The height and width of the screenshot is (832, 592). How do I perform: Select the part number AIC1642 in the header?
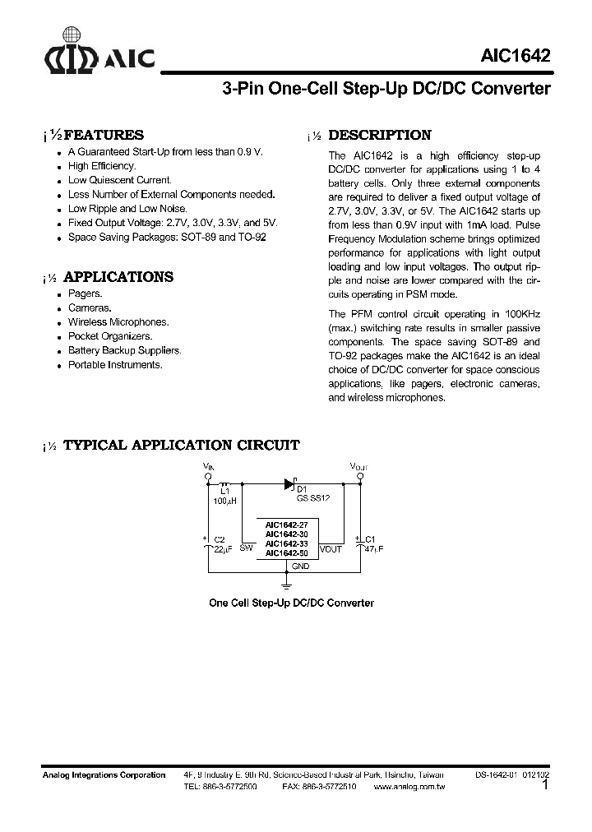pyautogui.click(x=516, y=56)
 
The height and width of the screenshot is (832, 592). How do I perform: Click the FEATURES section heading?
pyautogui.click(x=104, y=136)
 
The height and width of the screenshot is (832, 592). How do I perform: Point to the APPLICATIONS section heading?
pyautogui.click(x=118, y=277)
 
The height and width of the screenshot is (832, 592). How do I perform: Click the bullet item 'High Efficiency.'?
pyautogui.click(x=101, y=166)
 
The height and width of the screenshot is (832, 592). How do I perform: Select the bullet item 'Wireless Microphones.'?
pyautogui.click(x=118, y=322)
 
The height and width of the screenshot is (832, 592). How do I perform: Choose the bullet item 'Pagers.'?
pyautogui.click(x=85, y=294)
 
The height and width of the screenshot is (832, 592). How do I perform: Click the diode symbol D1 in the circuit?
pyautogui.click(x=289, y=484)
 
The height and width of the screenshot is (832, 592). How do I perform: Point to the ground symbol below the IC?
pyautogui.click(x=288, y=585)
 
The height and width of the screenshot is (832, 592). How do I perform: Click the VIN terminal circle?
pyautogui.click(x=208, y=476)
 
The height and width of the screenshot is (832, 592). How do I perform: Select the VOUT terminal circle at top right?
pyautogui.click(x=358, y=476)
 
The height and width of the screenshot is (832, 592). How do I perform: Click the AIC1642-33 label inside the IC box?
pyautogui.click(x=286, y=543)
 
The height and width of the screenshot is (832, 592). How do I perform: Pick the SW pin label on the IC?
pyautogui.click(x=246, y=548)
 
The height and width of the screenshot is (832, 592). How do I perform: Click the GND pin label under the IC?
pyautogui.click(x=300, y=566)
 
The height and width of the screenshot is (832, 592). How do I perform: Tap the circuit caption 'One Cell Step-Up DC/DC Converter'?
pyautogui.click(x=291, y=603)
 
